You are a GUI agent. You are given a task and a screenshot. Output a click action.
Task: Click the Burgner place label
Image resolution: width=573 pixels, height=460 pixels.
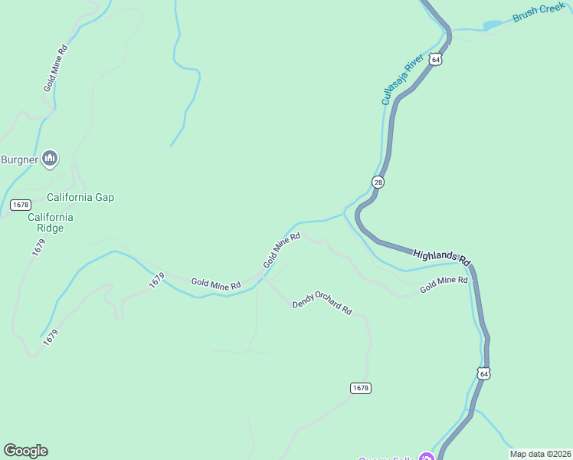pyautogui.click(x=20, y=159)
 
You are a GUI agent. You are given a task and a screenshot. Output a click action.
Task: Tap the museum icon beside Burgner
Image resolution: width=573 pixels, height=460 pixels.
pyautogui.click(x=51, y=159)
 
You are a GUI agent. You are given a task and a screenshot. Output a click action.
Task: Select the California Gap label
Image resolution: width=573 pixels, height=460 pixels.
pyautogui.click(x=80, y=197)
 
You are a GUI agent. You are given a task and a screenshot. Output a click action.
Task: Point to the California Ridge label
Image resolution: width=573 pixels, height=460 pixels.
pyautogui.click(x=51, y=222)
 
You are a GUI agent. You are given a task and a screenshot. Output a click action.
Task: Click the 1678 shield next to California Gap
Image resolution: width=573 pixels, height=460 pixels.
pyautogui.click(x=20, y=205)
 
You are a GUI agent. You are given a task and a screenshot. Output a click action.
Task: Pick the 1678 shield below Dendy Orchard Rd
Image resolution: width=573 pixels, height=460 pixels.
pyautogui.click(x=361, y=388)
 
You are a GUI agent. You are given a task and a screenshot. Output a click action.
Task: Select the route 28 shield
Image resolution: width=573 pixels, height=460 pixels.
pyautogui.click(x=378, y=182)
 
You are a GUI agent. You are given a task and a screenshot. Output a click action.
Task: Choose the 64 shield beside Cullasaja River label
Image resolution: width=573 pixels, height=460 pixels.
pyautogui.click(x=435, y=59)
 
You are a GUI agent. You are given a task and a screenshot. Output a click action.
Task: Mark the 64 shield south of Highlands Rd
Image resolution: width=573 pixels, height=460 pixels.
pyautogui.click(x=483, y=373)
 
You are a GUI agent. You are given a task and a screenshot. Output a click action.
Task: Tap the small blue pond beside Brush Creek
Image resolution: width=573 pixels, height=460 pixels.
pyautogui.click(x=493, y=25)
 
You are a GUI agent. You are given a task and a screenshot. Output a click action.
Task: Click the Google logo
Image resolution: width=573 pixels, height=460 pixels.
pyautogui.click(x=25, y=451)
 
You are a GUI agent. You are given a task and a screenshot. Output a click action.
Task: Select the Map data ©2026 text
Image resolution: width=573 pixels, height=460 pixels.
pyautogui.click(x=539, y=454)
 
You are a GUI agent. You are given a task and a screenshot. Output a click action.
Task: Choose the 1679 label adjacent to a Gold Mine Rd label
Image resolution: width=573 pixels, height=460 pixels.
pyautogui.click(x=156, y=281)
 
